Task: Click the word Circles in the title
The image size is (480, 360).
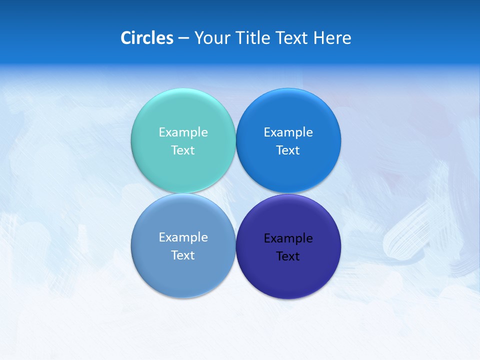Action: tap(147, 37)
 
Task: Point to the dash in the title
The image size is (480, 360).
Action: tap(183, 38)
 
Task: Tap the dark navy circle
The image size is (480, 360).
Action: tap(288, 275)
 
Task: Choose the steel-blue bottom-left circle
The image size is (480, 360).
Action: tap(183, 275)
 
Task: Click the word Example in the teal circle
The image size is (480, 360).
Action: tap(183, 132)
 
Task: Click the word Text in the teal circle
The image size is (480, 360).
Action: tap(183, 150)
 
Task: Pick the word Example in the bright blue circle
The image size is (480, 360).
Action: tap(288, 132)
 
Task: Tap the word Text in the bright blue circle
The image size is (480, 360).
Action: tap(288, 150)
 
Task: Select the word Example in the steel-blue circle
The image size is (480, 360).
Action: tap(183, 237)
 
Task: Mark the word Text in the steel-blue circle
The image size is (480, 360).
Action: tap(183, 255)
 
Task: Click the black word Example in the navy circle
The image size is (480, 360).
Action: tap(288, 238)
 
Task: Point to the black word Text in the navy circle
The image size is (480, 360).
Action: tap(288, 256)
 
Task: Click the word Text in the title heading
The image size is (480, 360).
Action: tap(293, 37)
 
